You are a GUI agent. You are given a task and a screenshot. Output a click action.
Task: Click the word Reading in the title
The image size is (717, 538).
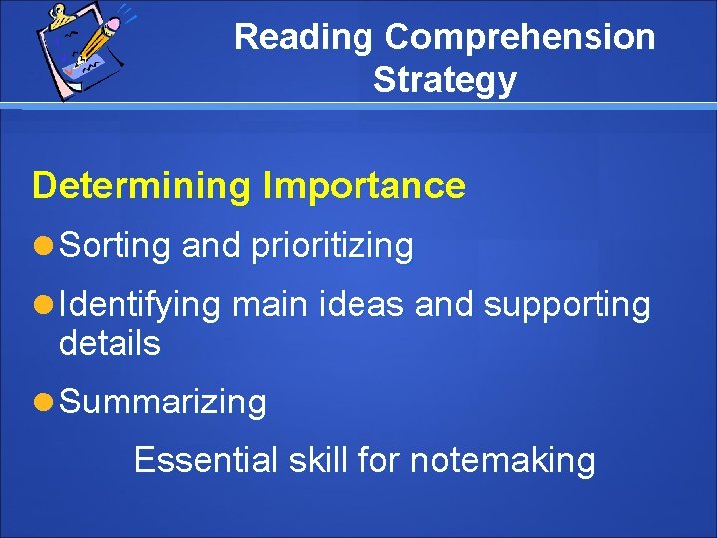(x=305, y=38)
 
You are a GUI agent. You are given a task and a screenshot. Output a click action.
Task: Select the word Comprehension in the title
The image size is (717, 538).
(x=520, y=38)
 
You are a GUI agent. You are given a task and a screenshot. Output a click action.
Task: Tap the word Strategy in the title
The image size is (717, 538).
(x=445, y=80)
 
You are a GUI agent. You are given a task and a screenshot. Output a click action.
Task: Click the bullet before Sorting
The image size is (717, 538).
(x=42, y=245)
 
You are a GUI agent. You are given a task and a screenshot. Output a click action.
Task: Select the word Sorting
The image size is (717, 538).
(x=116, y=245)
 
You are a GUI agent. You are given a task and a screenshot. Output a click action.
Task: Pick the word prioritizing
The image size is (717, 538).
(x=332, y=245)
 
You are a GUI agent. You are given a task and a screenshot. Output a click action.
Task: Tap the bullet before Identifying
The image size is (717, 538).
(x=42, y=304)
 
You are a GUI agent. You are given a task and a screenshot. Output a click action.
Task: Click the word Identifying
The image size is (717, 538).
(x=139, y=304)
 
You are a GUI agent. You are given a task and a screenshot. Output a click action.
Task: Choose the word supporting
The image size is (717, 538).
(x=567, y=304)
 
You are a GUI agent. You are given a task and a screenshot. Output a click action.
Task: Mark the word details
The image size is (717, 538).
(x=110, y=344)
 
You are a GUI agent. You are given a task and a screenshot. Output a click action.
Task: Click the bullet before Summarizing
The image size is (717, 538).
(x=42, y=403)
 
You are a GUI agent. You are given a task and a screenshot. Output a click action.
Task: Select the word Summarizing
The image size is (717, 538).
(x=162, y=403)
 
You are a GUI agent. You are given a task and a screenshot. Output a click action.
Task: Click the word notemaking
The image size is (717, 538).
(x=502, y=460)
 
